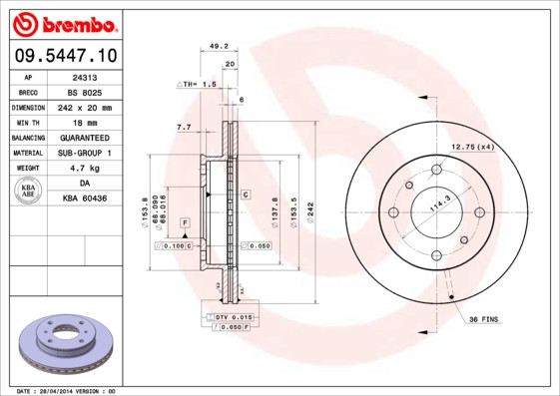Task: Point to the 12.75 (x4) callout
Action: tap(472, 148)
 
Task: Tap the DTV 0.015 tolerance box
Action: tap(234, 316)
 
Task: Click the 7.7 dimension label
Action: tap(184, 128)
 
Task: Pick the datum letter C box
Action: tap(245, 194)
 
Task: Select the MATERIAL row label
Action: tap(27, 153)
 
